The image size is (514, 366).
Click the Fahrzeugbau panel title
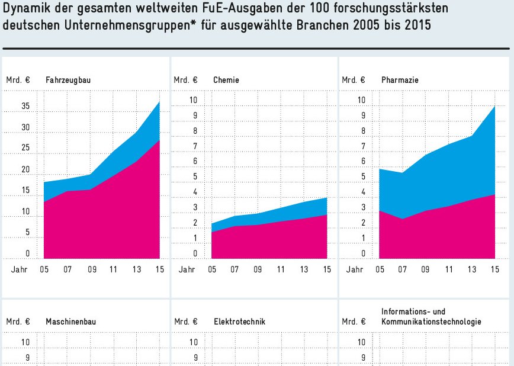pyautogui.click(x=68, y=80)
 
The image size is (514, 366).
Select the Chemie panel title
pyautogui.click(x=226, y=80)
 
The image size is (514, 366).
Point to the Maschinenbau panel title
pyautogui.click(x=70, y=322)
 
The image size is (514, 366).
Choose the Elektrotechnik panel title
pyautogui.click(x=239, y=322)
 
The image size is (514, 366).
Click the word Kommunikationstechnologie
pyautogui.click(x=431, y=322)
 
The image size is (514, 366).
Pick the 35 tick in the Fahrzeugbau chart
pyautogui.click(x=25, y=107)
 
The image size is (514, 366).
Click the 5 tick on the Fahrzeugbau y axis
pyautogui.click(x=27, y=233)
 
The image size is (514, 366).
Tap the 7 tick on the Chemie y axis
pyautogui.click(x=196, y=146)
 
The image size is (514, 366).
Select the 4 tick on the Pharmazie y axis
pyautogui.click(x=363, y=192)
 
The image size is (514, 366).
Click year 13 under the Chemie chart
pyautogui.click(x=304, y=269)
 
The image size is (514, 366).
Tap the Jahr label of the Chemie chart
pyautogui.click(x=187, y=269)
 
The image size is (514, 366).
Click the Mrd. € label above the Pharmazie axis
pyautogui.click(x=354, y=80)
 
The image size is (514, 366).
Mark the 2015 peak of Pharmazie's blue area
pyautogui.click(x=494, y=106)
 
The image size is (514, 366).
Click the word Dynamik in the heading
pyautogui.click(x=27, y=9)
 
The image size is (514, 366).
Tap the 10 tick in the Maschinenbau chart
pyautogui.click(x=25, y=342)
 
